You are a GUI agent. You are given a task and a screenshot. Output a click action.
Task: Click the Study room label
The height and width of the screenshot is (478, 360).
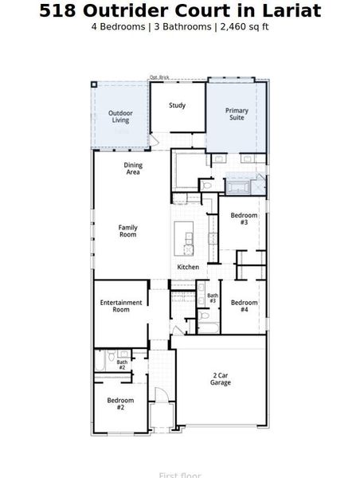click(x=177, y=105)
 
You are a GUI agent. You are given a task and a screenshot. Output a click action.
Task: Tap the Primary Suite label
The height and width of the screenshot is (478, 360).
click(x=237, y=114)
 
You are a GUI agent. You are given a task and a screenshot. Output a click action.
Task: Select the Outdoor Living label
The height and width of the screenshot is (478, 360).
click(x=120, y=116)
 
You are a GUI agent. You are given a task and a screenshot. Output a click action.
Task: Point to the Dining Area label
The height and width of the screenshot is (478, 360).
click(x=133, y=168)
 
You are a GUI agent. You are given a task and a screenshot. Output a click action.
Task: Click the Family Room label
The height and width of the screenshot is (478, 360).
click(x=128, y=231)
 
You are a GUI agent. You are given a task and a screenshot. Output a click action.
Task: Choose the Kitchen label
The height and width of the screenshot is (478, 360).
click(x=188, y=267)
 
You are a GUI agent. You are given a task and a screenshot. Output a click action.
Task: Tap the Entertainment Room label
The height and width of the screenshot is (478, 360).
click(x=120, y=306)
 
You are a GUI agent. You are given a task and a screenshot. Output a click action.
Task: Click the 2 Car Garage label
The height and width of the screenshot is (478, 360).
click(x=221, y=378)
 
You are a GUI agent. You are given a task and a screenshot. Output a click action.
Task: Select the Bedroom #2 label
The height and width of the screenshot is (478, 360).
click(x=120, y=403)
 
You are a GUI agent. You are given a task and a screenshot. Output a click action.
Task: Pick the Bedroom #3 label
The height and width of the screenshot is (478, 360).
click(x=244, y=219)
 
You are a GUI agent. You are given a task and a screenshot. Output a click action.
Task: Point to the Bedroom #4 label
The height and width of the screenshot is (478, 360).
click(x=244, y=306)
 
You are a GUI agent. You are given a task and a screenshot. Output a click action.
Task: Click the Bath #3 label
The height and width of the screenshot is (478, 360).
click(x=213, y=298)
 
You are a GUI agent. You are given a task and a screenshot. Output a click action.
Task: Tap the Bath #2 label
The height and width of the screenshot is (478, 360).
click(x=122, y=365)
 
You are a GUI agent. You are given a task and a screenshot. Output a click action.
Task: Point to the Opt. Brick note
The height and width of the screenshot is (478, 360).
click(x=159, y=77)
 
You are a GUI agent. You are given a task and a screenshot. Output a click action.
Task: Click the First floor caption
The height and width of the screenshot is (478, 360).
click(x=179, y=475)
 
